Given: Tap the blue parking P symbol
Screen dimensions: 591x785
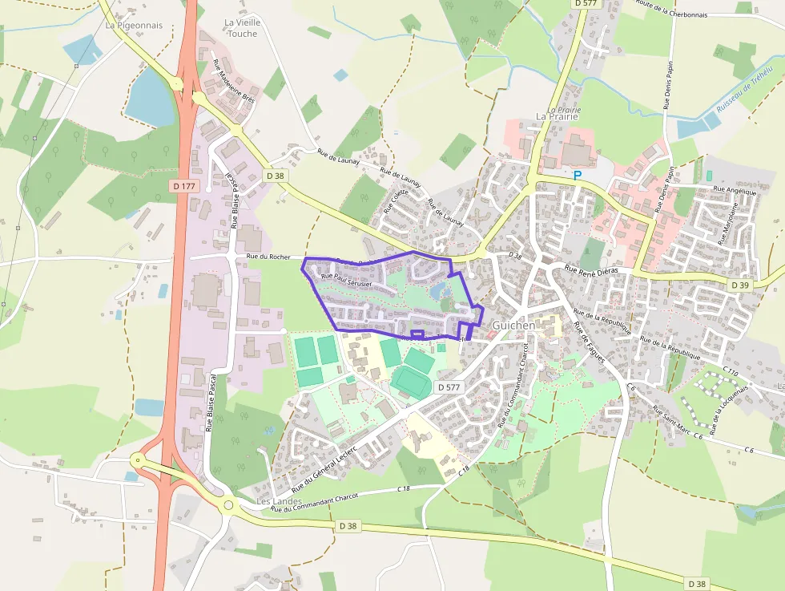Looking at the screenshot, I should (x=577, y=175).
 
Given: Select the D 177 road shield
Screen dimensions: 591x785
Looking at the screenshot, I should (x=183, y=186).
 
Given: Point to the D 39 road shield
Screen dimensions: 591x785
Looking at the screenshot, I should (x=739, y=285).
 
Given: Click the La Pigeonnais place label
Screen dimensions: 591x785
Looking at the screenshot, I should (x=134, y=25).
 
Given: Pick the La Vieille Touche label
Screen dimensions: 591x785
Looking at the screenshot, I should (x=242, y=28).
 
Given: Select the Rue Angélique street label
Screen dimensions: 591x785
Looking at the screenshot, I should (x=735, y=191).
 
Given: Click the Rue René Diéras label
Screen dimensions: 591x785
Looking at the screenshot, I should (x=593, y=272).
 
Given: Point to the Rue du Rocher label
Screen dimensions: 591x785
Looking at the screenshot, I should (x=268, y=257).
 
